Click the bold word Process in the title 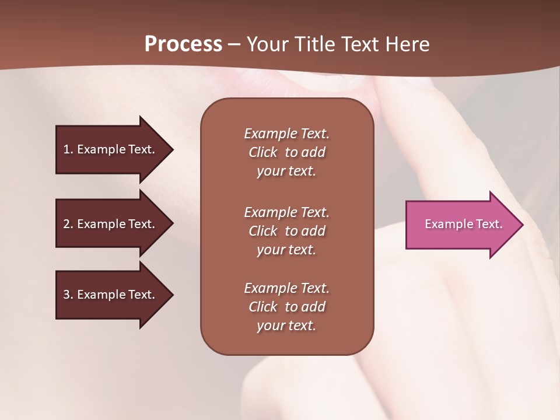point(183,44)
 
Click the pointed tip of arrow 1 point(171,149)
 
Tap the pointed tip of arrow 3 point(171,295)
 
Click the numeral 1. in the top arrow point(68,149)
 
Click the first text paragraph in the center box point(286,152)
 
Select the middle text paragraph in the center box point(286,231)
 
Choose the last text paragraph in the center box point(286,307)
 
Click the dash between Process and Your point(234,45)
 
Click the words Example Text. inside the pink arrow point(463,224)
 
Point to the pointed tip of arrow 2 point(171,224)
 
